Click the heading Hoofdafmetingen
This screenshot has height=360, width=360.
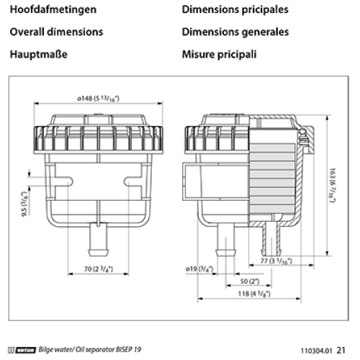click(53, 10)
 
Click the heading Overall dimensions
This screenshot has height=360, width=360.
click(56, 32)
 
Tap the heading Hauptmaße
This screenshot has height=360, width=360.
click(39, 55)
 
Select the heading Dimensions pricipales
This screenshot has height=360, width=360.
click(235, 10)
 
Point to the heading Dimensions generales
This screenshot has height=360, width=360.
click(235, 32)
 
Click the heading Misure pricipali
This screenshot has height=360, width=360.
click(219, 55)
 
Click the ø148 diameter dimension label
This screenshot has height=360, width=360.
click(98, 99)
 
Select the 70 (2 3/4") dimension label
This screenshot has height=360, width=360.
click(99, 269)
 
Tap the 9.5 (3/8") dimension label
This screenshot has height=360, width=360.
click(24, 204)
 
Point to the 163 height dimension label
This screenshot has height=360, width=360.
click(333, 185)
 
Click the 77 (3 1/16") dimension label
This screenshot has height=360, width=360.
click(276, 261)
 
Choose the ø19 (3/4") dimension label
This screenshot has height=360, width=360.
click(199, 269)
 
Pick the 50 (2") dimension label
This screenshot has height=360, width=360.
click(250, 282)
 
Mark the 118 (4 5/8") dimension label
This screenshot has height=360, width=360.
click(254, 294)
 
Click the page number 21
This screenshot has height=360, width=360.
click(341, 351)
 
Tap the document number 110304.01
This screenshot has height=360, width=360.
click(317, 351)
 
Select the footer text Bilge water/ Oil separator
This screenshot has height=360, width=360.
click(76, 350)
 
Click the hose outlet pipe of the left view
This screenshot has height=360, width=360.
click(99, 239)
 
